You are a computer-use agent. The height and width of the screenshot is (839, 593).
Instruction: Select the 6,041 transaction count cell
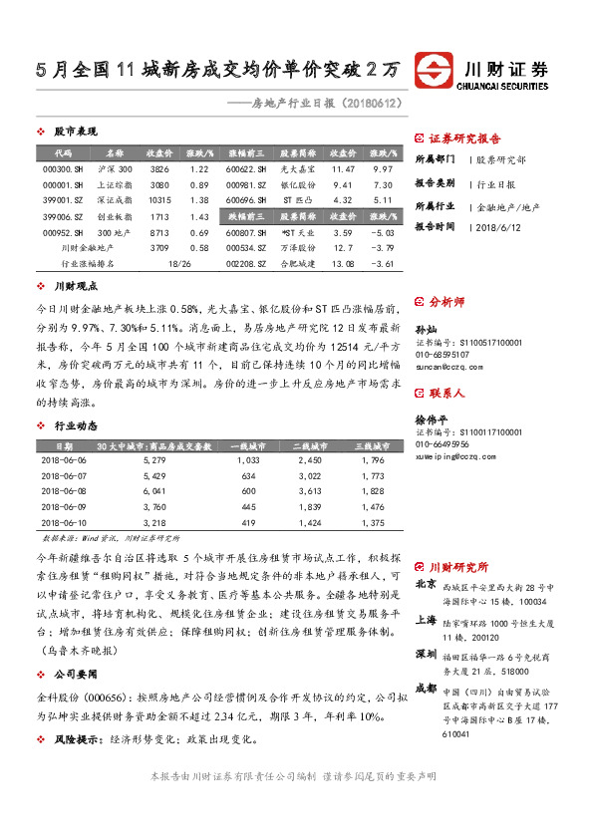point(153,491)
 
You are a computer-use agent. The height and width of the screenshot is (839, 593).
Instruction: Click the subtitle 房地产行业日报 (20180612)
point(318,103)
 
